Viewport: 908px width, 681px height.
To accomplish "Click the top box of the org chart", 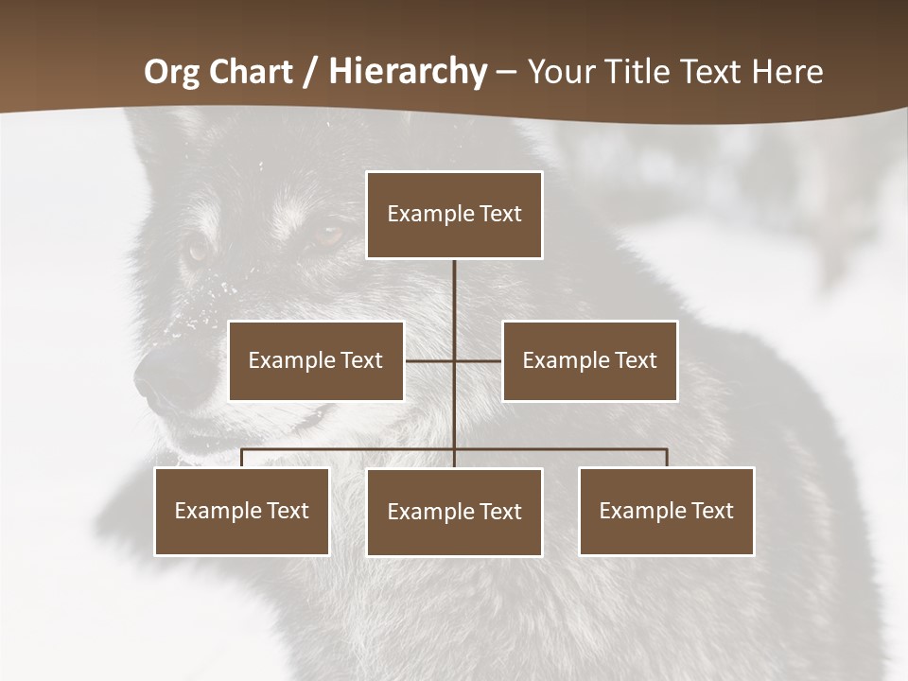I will pyautogui.click(x=454, y=215).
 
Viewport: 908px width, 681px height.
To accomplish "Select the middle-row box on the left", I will pyautogui.click(x=316, y=360).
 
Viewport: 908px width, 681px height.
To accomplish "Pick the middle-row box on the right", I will pyautogui.click(x=589, y=360).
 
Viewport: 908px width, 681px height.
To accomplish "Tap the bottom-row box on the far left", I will pyautogui.click(x=242, y=511).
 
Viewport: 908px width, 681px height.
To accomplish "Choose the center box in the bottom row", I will pyautogui.click(x=454, y=512).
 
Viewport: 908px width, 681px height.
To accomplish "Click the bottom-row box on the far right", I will pyautogui.click(x=667, y=511).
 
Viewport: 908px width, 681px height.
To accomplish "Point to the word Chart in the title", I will pyautogui.click(x=253, y=72).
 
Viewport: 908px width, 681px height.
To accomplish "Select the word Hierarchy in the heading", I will pyautogui.click(x=408, y=72).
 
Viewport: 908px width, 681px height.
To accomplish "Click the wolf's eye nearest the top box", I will pyautogui.click(x=328, y=234).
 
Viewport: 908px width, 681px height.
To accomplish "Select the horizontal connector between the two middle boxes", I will pyautogui.click(x=453, y=360).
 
